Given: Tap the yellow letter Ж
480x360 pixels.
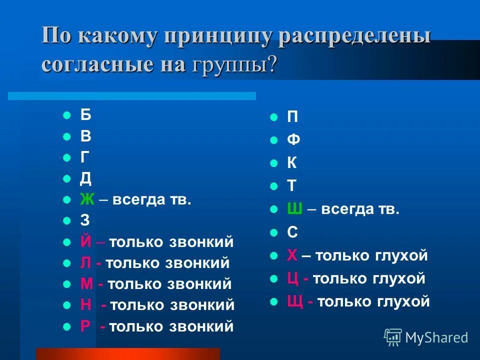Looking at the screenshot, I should [87, 199].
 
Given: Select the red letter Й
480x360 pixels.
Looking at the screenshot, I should [86, 242].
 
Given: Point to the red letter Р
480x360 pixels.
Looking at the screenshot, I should [85, 326].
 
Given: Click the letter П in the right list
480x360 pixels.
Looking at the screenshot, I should [292, 117].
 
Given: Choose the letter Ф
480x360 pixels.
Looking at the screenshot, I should [293, 140].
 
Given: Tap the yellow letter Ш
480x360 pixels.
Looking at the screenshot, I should [294, 209].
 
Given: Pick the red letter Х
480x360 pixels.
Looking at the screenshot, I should [292, 255].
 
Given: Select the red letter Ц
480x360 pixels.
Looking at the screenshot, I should [293, 278].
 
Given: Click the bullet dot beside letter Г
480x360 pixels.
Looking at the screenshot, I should [67, 157].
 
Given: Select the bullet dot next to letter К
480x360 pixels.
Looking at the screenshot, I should [273, 163].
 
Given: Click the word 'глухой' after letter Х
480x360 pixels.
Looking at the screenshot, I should [402, 256].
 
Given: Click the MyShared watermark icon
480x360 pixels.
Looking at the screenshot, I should [393, 337].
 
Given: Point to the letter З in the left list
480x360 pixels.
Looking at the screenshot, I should [85, 221].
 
